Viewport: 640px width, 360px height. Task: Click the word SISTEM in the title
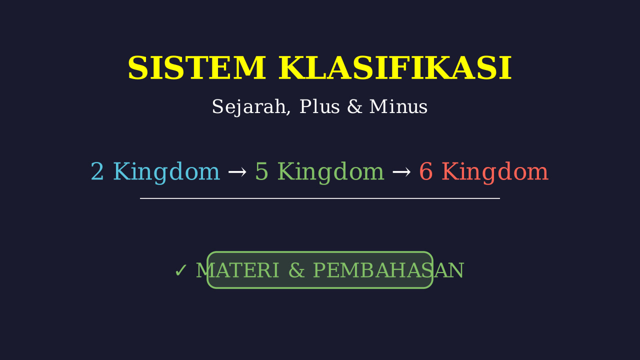197,68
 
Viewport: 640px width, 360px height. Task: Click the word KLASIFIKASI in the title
395,68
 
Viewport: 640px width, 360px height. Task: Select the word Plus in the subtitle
319,106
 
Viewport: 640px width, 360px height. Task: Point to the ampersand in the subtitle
354,106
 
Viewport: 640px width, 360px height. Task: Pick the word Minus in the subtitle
398,106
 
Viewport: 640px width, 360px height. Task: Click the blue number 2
97,171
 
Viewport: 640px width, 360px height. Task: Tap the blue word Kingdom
166,172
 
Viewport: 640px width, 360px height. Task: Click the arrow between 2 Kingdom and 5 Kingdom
237,172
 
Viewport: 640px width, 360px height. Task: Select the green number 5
261,171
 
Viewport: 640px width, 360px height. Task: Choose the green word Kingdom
331,172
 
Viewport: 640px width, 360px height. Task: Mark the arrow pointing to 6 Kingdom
401,172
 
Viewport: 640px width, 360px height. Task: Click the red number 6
425,171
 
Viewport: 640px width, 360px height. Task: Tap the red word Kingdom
495,172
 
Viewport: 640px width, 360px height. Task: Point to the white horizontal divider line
320,198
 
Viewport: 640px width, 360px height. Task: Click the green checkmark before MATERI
181,270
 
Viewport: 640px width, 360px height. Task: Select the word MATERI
237,270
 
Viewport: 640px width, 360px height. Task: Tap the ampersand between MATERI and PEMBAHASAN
296,270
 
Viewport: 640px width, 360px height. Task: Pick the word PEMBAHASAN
388,270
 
